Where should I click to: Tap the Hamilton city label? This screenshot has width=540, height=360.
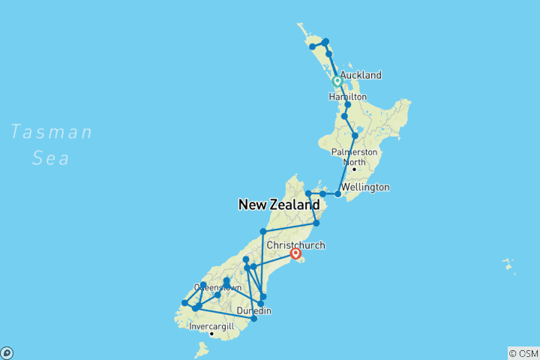point(347,97)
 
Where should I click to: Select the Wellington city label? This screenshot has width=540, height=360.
point(365,187)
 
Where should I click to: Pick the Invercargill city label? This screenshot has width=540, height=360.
point(211,327)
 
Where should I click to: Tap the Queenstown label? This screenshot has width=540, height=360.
point(217,287)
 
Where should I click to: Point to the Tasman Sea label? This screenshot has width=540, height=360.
point(51,145)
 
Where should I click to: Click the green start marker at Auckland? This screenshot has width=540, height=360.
point(337,81)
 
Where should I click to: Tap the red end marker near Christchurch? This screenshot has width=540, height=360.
point(296,253)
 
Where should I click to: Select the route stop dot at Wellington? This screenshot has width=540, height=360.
point(338,194)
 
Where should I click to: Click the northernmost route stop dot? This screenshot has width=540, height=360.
point(325,42)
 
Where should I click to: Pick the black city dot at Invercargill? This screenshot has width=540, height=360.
point(211,334)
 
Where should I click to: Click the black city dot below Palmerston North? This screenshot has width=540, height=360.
point(354,169)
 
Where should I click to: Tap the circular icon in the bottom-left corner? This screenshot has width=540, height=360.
point(6,353)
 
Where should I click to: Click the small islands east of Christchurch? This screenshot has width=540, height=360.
point(509,265)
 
